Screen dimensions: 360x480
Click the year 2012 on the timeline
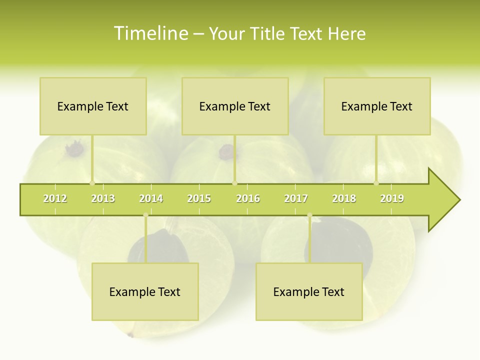(55, 198)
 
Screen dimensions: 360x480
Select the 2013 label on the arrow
(103, 198)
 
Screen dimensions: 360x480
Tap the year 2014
(151, 198)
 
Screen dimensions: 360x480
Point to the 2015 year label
(199, 198)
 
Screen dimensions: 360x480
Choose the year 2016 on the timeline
(248, 198)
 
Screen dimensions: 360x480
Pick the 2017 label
(296, 198)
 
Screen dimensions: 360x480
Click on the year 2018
(344, 198)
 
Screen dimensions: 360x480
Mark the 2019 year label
(392, 198)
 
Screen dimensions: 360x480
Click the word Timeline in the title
(149, 33)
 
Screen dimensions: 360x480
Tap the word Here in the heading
(346, 33)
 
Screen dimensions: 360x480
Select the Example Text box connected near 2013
(93, 106)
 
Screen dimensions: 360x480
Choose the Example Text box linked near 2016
(235, 106)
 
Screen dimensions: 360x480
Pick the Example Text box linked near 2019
(377, 106)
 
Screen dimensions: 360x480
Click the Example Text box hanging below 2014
(145, 291)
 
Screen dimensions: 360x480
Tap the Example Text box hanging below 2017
(309, 291)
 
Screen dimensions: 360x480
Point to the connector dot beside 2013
(92, 183)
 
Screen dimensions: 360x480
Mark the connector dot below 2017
(310, 215)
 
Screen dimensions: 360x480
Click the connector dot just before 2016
(234, 183)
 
